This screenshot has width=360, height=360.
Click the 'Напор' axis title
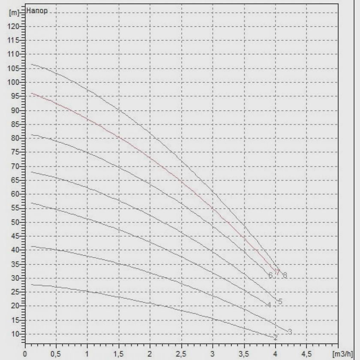coord(37,11)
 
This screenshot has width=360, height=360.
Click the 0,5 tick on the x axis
coord(56,355)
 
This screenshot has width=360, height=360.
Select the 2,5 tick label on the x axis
coord(181,355)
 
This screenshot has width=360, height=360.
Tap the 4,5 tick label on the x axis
coord(306,355)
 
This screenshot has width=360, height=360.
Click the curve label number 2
coord(276,338)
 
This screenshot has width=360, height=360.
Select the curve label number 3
coord(290,332)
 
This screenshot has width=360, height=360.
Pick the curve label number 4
coord(269,305)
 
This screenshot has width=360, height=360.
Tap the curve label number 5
coord(280,302)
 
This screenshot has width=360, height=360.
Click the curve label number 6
coord(270,275)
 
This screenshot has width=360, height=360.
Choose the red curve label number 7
coord(278,273)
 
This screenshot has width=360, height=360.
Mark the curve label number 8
coord(285,275)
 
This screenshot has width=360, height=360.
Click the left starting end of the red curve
coord(32,93)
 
